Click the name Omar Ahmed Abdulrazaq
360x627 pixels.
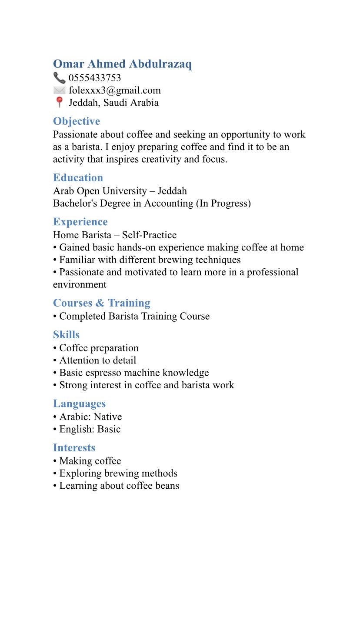pos(122,64)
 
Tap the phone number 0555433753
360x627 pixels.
pos(95,78)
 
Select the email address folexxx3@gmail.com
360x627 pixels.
pos(115,90)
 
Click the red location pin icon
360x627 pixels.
pos(59,103)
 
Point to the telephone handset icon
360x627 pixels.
pos(59,78)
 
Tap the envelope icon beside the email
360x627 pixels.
pos(59,90)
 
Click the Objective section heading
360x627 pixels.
pos(77,121)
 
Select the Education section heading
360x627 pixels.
pos(78,177)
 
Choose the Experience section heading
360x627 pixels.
pos(80,222)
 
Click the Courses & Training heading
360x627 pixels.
pos(102,303)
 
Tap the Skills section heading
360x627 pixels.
pos(66,335)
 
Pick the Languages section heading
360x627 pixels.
pos(79,404)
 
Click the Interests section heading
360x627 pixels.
pos(74,448)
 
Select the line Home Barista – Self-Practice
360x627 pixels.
pos(115,235)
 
